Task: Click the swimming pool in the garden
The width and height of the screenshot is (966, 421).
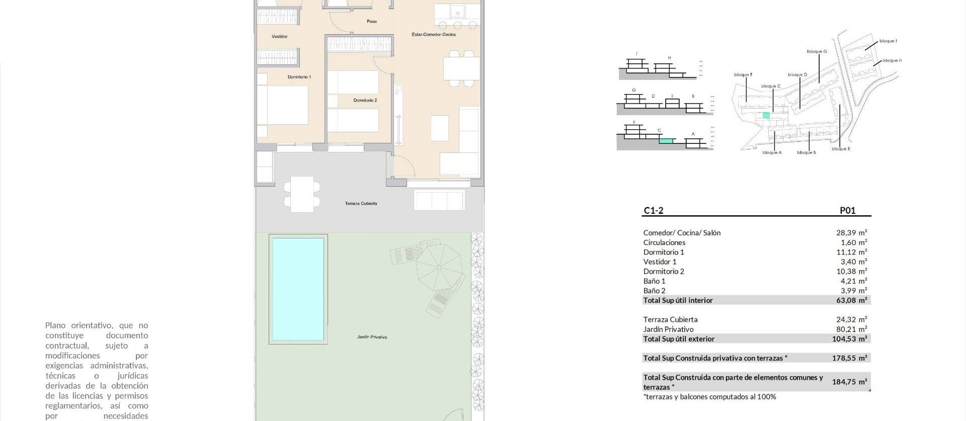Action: [298, 289]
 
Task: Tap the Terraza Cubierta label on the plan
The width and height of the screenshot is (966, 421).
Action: [361, 204]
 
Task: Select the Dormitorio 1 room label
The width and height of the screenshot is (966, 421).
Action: [299, 77]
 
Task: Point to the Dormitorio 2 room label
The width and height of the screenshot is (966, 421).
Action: [365, 101]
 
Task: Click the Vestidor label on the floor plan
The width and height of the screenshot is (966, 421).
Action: [279, 37]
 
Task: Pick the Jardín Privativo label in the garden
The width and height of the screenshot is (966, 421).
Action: [372, 337]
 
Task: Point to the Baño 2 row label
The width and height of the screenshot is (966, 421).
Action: [654, 291]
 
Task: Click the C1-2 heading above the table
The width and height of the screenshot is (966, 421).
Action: [653, 211]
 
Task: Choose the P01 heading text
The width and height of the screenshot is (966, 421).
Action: [847, 211]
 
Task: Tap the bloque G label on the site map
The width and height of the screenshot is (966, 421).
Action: [817, 51]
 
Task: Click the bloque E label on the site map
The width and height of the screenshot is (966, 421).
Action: [841, 149]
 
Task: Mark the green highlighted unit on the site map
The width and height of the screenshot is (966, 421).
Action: [766, 115]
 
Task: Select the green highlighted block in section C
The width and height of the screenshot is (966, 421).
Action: [666, 141]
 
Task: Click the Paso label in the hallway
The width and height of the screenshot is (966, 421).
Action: [371, 22]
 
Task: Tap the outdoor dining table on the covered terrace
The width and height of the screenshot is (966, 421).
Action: [302, 194]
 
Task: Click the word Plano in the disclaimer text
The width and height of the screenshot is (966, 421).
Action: [56, 325]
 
